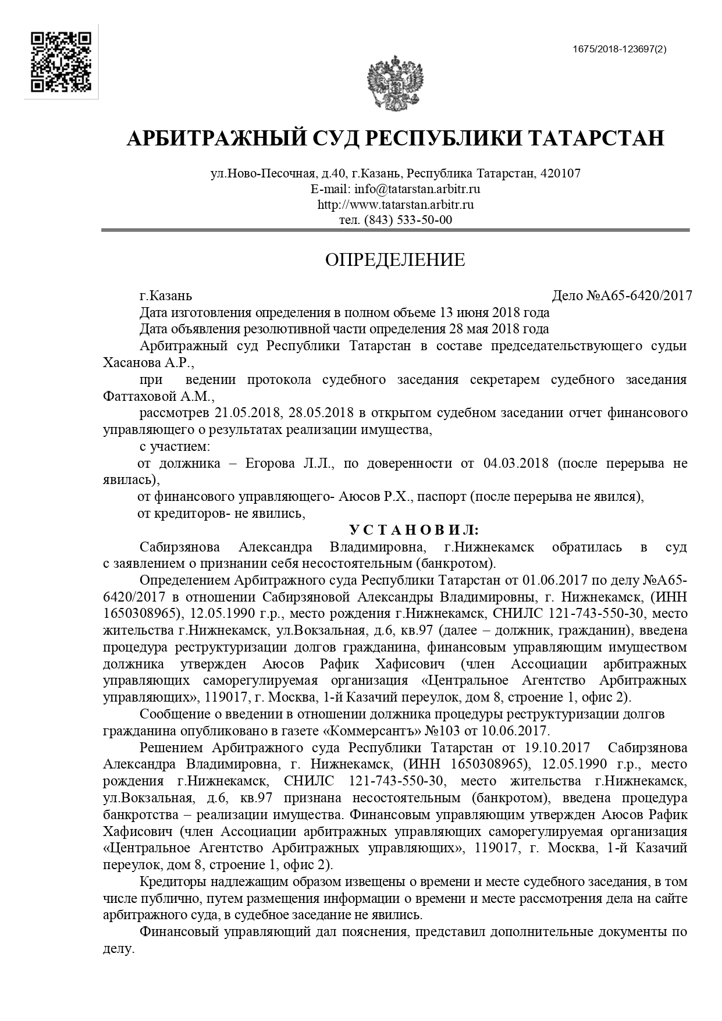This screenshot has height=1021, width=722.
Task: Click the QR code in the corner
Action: click(x=61, y=62)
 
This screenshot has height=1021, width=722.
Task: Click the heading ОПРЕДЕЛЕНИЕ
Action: click(x=395, y=259)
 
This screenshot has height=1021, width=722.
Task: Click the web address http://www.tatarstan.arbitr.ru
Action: click(x=395, y=205)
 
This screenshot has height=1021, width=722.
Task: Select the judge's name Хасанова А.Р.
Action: click(x=147, y=363)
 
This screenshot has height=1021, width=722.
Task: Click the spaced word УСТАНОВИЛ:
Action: click(x=414, y=530)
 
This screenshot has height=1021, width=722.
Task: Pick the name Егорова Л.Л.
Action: click(x=289, y=464)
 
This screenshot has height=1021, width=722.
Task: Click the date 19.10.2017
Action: click(x=557, y=748)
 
